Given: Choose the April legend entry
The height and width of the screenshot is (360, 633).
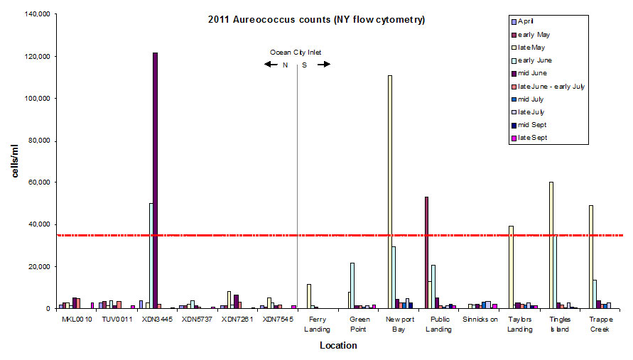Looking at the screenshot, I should (529, 21).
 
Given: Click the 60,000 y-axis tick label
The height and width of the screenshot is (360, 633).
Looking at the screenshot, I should (36, 182).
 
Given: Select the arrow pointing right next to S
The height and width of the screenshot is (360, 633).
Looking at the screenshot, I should (324, 65).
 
